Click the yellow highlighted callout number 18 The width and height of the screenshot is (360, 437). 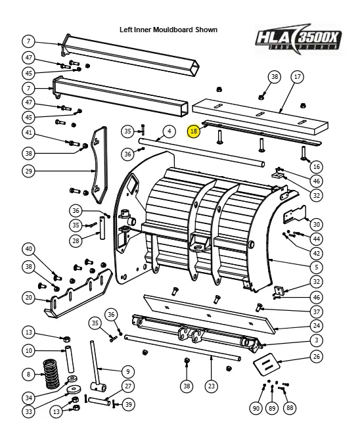193,131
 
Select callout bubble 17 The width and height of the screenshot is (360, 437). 297,77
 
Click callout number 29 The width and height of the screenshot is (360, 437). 28,172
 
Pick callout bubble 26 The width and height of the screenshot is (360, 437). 317,357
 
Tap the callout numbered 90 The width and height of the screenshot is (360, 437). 256,408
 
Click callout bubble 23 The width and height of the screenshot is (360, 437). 211,386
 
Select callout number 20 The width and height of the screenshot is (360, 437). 28,298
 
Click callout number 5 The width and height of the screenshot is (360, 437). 317,266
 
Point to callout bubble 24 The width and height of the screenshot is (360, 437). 317,325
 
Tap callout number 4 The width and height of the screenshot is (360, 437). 169,131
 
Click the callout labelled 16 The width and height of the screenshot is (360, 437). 317,166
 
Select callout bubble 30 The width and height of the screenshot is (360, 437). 317,224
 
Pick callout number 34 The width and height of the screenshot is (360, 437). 28,397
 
